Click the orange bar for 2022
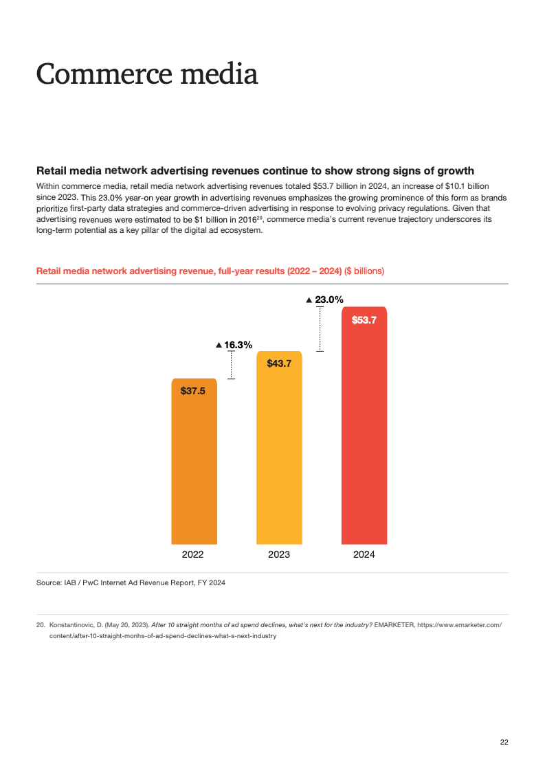[194, 474]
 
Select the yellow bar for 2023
[279, 460]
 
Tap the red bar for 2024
[364, 440]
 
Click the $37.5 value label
[193, 390]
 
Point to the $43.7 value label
[279, 363]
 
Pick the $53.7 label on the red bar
[364, 319]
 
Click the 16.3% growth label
[238, 345]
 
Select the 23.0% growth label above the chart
[329, 299]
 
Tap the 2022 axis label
[193, 554]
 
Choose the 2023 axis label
[279, 554]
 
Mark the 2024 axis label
[364, 554]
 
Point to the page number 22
[504, 742]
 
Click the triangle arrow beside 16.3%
[219, 345]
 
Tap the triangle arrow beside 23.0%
[309, 299]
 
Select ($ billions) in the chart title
[364, 271]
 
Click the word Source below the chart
[49, 583]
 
